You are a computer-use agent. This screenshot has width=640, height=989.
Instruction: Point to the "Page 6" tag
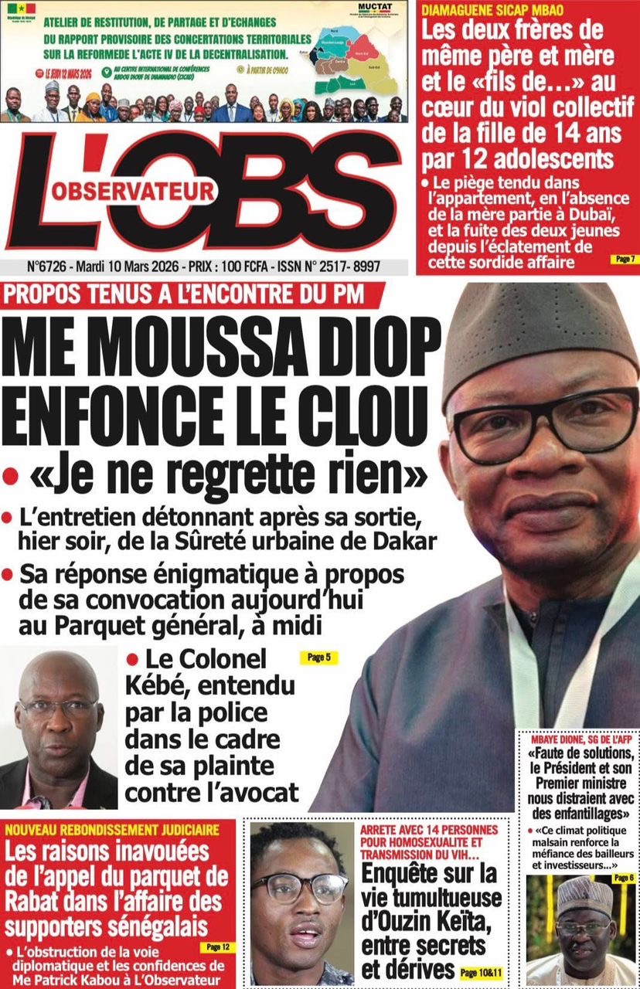point(623,879)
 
